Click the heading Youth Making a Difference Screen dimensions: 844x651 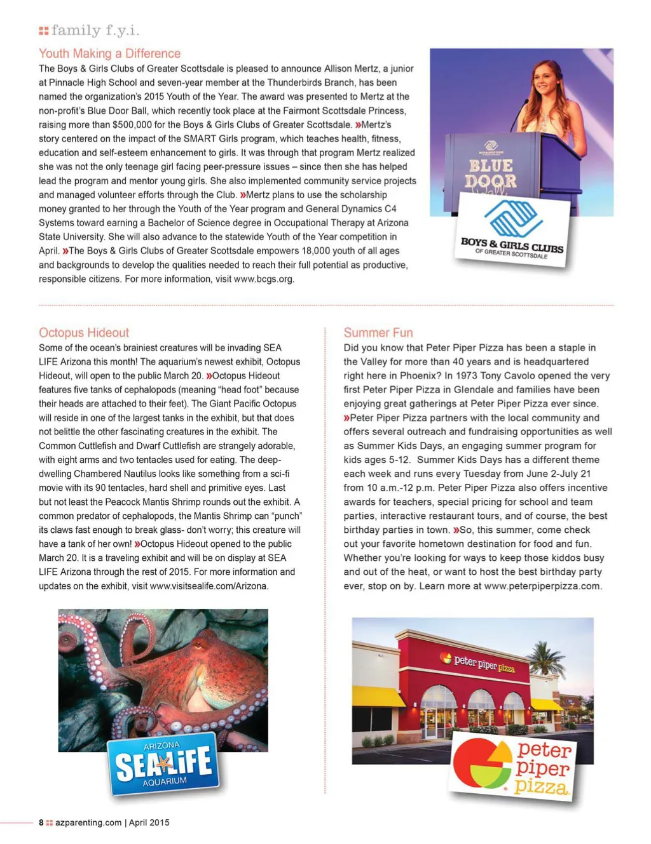point(109,53)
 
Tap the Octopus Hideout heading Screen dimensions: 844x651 point(83,333)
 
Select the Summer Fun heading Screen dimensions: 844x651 point(378,333)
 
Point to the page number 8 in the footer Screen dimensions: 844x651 point(41,822)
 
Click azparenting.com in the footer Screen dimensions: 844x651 point(88,822)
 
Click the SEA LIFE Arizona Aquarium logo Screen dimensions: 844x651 point(163,763)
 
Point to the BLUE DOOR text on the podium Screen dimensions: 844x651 point(491,173)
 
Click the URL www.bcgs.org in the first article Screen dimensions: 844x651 point(263,279)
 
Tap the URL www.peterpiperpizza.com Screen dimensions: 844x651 point(542,586)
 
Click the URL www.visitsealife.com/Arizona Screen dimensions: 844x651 point(209,586)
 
